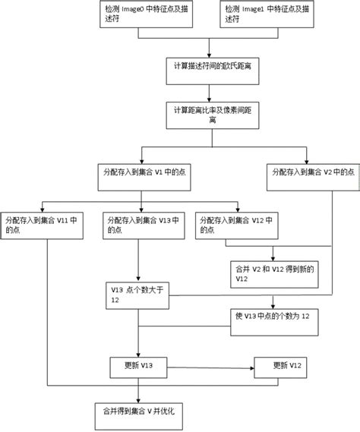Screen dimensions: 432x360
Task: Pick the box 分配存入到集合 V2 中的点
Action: pos(306,172)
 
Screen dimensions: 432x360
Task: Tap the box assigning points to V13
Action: pos(140,225)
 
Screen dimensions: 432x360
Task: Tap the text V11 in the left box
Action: pos(65,220)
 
